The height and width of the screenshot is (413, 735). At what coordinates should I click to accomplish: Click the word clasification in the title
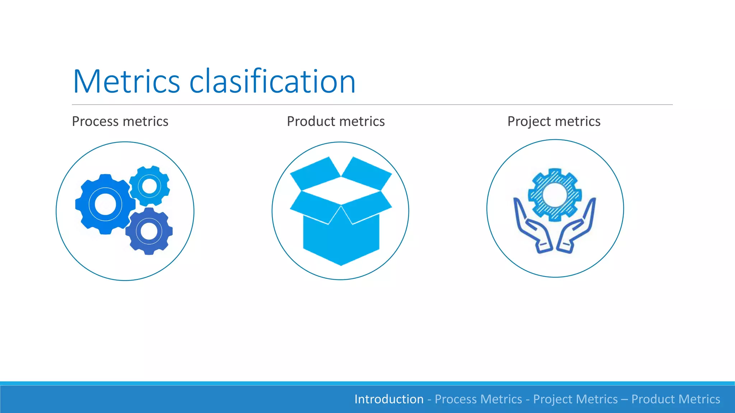[272, 82]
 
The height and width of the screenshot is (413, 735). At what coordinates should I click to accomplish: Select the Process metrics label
[120, 122]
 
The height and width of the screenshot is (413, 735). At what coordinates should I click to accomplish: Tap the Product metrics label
[336, 122]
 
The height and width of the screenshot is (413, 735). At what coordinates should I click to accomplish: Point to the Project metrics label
[554, 122]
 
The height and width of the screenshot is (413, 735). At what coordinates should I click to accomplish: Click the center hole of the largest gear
[105, 204]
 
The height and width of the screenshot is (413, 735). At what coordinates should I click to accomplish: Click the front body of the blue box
[341, 240]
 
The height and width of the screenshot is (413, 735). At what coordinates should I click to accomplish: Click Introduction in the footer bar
[389, 399]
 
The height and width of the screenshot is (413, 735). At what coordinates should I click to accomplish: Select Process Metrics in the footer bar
[478, 399]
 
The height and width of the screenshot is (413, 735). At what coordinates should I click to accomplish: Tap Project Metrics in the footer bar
[575, 399]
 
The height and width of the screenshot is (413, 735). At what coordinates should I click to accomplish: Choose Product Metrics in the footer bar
[675, 399]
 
